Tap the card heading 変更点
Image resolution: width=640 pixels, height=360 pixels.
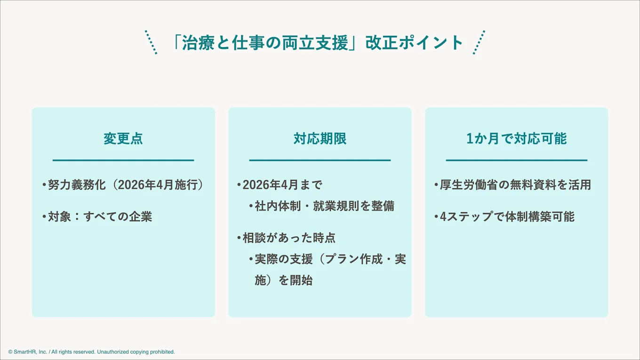123,138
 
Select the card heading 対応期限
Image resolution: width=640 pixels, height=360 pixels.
320,138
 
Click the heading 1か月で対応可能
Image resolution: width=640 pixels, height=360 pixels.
516,138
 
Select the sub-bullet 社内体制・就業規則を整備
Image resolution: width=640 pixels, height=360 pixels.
324,206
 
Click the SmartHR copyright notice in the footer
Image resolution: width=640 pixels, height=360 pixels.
92,352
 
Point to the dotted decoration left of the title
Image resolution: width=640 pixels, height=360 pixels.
151,42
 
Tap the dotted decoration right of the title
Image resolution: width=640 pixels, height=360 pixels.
479,42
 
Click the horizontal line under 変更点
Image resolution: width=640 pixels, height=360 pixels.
123,160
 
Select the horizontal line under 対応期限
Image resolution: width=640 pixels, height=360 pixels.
320,160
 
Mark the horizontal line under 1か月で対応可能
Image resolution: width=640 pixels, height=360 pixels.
516,160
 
